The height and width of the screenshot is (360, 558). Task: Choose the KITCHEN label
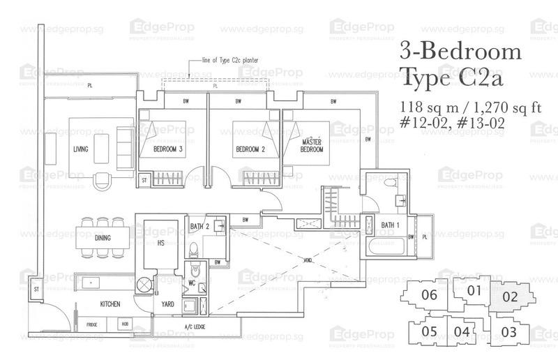pos(109,304)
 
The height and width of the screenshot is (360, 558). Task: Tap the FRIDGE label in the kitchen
pos(92,325)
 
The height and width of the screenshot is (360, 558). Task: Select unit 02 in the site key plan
pos(510,297)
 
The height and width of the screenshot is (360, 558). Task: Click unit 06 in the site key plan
pos(430,294)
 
